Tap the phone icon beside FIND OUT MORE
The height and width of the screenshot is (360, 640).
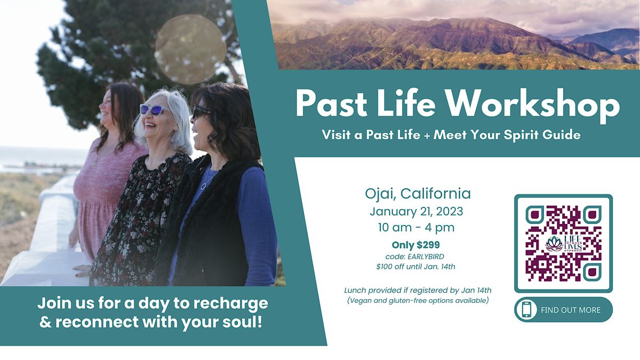coord(526,310)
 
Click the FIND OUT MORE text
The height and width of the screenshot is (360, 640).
coord(570,310)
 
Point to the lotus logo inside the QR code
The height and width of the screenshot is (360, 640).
coord(555,244)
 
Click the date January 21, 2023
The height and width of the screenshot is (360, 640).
coord(416,211)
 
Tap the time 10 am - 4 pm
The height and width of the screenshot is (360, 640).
coord(416,228)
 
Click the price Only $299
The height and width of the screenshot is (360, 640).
coord(415,245)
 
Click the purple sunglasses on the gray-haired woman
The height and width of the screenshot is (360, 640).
coord(152,109)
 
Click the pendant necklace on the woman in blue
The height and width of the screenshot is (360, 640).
coord(204,185)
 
